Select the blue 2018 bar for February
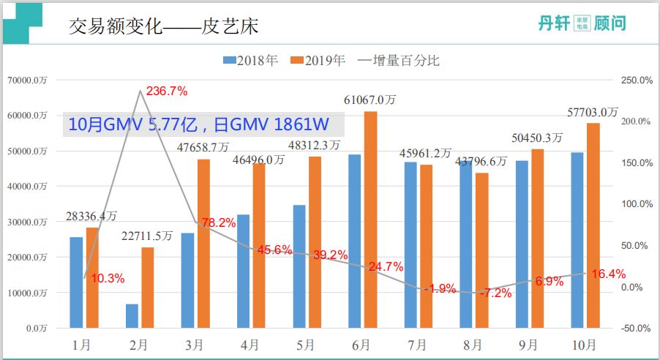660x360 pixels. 132,315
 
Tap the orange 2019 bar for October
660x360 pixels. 593,225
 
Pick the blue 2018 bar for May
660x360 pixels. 299,266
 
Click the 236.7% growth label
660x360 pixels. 167,91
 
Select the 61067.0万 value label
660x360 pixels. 371,99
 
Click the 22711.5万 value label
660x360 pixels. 146,236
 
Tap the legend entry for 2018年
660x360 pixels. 250,61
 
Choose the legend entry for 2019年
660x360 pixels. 318,61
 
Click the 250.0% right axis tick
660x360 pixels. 635,80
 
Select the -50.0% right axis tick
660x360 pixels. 634,329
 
